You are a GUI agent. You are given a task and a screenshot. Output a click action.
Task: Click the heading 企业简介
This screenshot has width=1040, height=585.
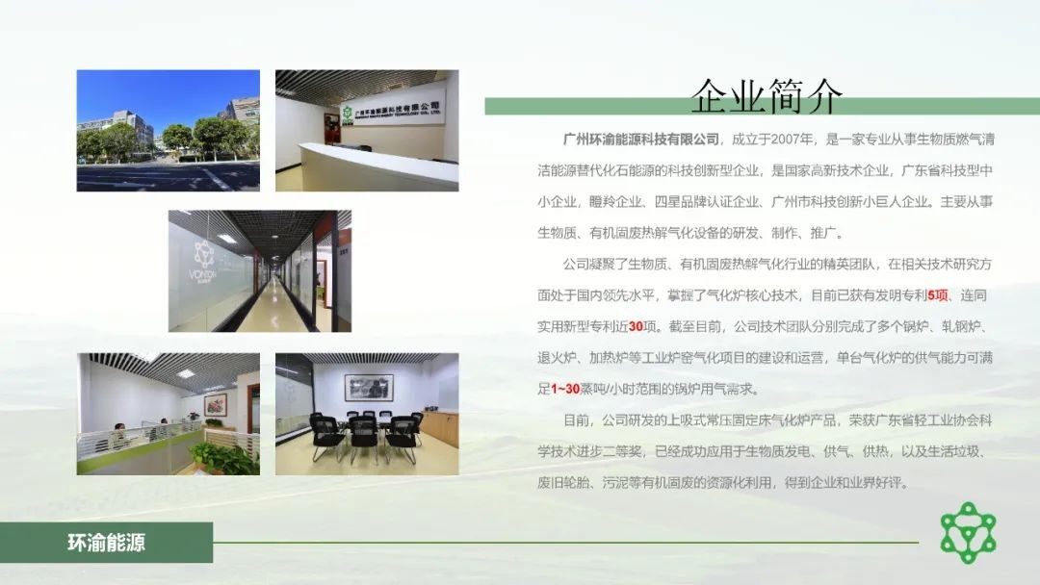(x=767, y=97)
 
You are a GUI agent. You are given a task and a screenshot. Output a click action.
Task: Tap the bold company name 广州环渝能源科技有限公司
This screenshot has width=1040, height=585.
(x=640, y=140)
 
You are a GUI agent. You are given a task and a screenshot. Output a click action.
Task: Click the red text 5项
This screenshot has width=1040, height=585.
(x=937, y=295)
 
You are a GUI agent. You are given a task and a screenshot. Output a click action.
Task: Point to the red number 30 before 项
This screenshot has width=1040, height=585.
(x=636, y=326)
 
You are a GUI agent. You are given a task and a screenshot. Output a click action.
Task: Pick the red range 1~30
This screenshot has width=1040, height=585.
(x=565, y=389)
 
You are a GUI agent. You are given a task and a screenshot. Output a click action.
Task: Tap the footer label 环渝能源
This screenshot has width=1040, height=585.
(x=106, y=543)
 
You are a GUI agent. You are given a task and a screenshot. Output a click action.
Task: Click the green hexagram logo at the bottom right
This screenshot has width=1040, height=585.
(x=969, y=533)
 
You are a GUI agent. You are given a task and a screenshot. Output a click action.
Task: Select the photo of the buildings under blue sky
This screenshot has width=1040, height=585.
(x=168, y=131)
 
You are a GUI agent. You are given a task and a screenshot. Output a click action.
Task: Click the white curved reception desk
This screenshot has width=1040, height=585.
(x=378, y=165)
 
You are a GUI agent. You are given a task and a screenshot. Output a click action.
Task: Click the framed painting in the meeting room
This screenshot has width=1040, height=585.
(x=369, y=387)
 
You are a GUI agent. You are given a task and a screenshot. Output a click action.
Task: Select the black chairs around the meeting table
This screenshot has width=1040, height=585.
(x=366, y=435)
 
